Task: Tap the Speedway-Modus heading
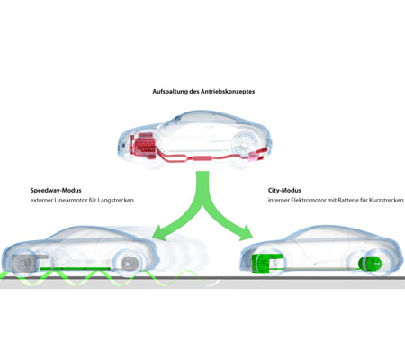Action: (x=56, y=191)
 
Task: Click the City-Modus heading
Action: (x=284, y=190)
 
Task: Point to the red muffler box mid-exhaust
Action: (x=203, y=158)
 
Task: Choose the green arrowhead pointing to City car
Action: (x=246, y=233)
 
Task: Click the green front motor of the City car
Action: (x=265, y=263)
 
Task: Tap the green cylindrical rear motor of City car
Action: (x=370, y=263)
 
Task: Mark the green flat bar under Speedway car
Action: (x=75, y=269)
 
